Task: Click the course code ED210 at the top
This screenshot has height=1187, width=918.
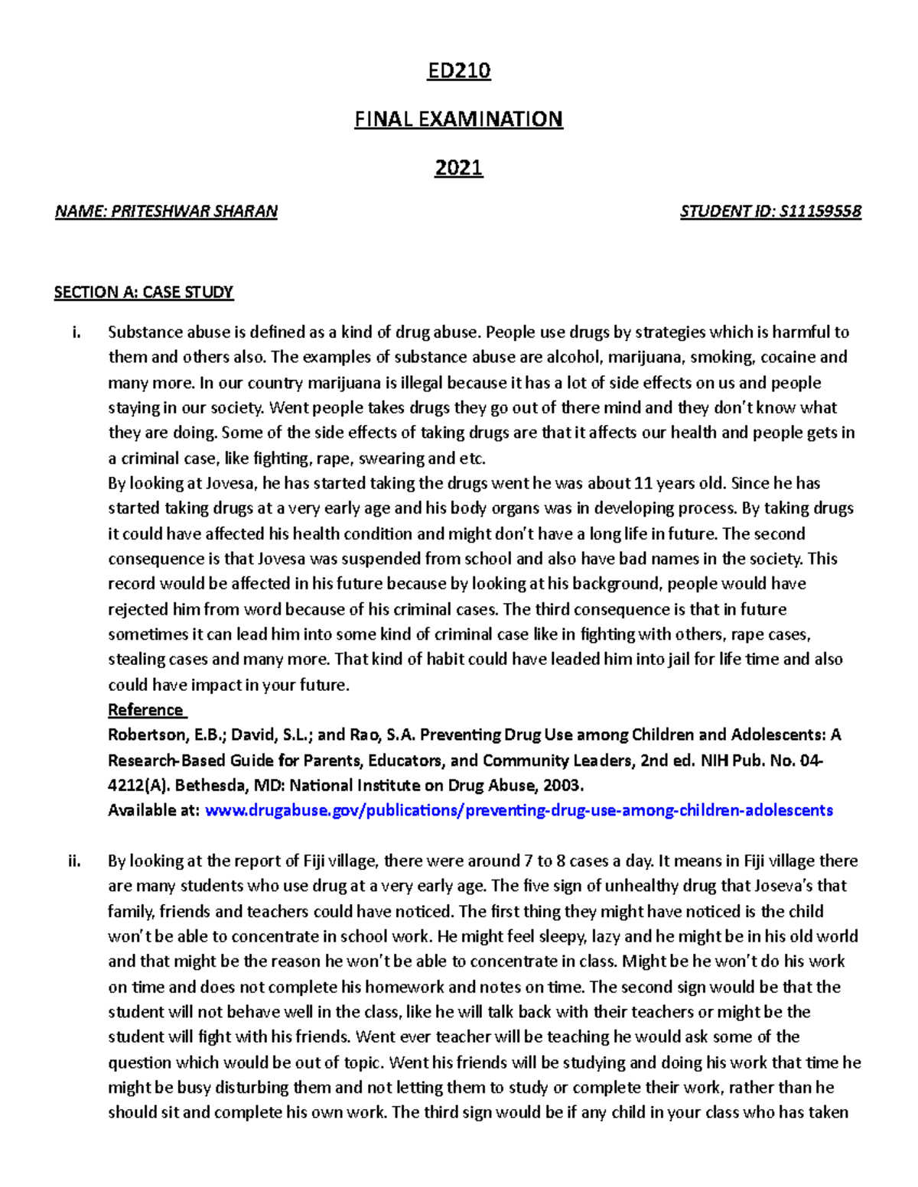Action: (458, 71)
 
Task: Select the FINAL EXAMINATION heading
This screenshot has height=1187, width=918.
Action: (458, 119)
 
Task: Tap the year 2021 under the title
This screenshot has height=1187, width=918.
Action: (458, 167)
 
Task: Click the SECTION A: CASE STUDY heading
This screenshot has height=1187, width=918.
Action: (143, 292)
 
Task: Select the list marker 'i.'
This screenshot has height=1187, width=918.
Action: (75, 332)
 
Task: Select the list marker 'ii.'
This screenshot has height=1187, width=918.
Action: (74, 861)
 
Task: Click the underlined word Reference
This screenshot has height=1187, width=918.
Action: (145, 710)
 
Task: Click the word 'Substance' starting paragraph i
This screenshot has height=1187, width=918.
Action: (142, 332)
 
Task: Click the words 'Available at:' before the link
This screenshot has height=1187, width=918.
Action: (154, 810)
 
